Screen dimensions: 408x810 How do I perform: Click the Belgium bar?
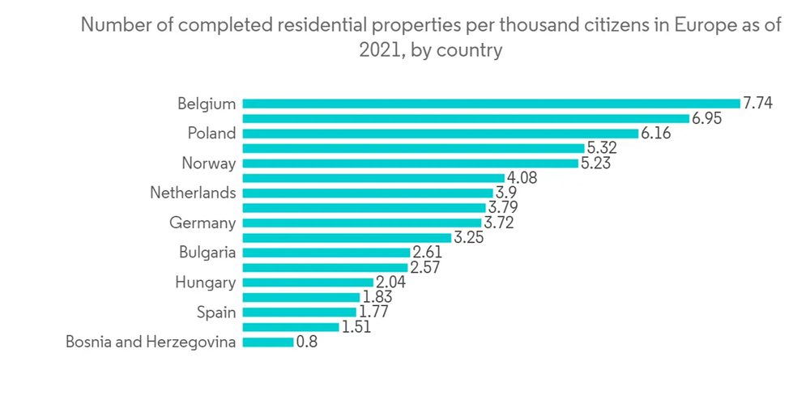coord(491,104)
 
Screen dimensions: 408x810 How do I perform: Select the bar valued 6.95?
coord(466,118)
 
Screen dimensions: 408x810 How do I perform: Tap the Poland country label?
coord(211,134)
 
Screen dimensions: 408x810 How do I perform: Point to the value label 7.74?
coord(759,104)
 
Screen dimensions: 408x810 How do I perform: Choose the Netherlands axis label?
coord(193,193)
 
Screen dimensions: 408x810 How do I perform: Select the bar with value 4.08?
coord(373,178)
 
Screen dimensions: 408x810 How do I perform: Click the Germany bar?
coord(361,223)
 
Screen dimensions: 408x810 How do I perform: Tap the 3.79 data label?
coord(504,208)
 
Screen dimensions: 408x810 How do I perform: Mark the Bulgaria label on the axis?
coord(207,253)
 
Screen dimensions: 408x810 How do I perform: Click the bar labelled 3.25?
coord(346,238)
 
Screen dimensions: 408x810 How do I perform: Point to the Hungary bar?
coord(308,283)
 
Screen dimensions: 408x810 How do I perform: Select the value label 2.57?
coord(425,267)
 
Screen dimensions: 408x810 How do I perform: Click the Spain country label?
coord(216,312)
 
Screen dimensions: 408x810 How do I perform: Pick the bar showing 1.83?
coord(301,297)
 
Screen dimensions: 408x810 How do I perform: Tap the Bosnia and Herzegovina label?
coord(151,342)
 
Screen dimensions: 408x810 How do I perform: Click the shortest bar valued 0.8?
coord(268,342)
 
